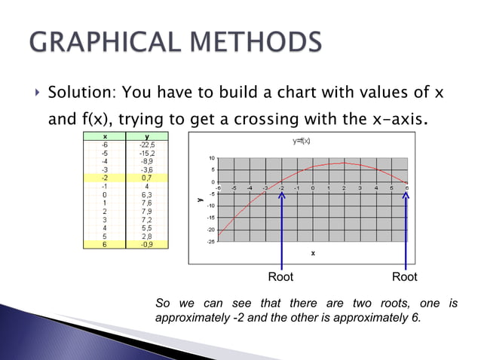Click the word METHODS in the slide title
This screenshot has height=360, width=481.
(x=251, y=43)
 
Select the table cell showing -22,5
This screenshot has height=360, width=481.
(x=147, y=145)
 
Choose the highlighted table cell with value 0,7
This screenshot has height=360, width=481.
(x=148, y=178)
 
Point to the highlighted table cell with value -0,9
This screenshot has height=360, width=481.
(x=147, y=244)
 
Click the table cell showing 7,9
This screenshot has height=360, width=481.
(x=148, y=211)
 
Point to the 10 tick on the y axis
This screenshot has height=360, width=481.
(x=213, y=158)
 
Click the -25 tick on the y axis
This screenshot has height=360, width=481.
(x=211, y=242)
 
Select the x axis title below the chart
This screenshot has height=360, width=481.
(x=313, y=253)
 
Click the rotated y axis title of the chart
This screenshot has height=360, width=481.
(x=201, y=200)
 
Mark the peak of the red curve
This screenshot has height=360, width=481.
(x=344, y=163)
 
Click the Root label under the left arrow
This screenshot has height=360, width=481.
(x=280, y=277)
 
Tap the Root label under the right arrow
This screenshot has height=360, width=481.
(x=404, y=277)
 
